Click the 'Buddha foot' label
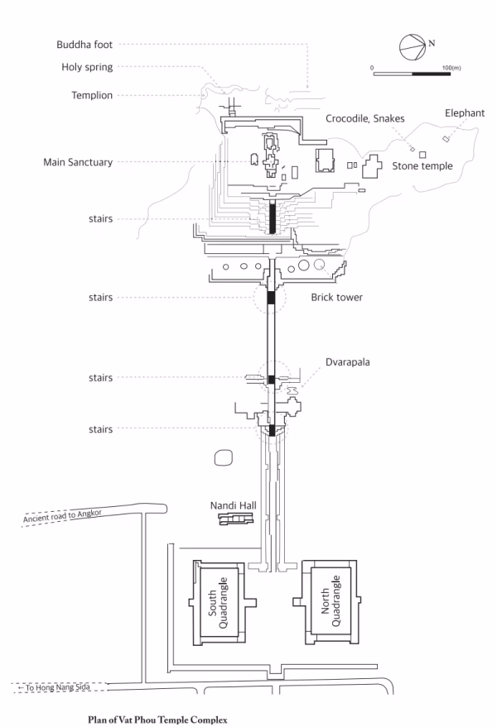(x=84, y=45)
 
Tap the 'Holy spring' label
(x=87, y=67)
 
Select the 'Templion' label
(x=92, y=95)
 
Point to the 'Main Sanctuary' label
(x=78, y=162)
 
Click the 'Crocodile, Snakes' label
(x=364, y=119)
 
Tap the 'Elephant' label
(x=465, y=113)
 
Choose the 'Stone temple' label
(x=422, y=166)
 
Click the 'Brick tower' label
(x=337, y=297)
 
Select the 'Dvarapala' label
(x=347, y=362)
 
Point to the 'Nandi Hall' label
(x=233, y=505)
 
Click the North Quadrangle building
(x=331, y=602)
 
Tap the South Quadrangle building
(x=221, y=602)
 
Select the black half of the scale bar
(x=431, y=74)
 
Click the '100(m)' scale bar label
(x=451, y=68)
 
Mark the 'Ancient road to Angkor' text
(x=62, y=516)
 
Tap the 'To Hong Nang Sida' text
(x=55, y=687)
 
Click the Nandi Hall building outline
(x=236, y=519)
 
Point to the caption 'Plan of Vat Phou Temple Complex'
(x=157, y=720)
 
